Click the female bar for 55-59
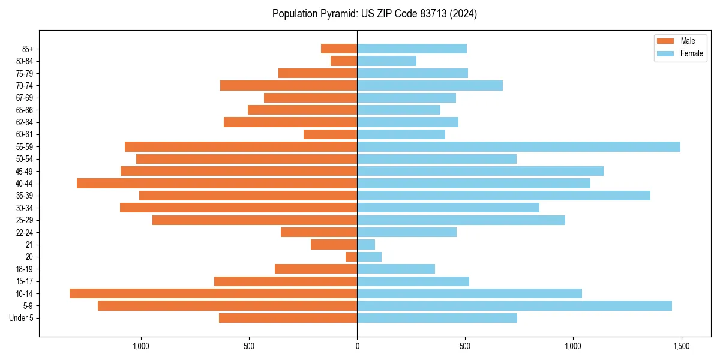[518, 146]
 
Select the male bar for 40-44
[217, 183]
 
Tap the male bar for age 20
[352, 257]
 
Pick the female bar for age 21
[366, 244]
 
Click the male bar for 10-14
[213, 293]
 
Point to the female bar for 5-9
[514, 305]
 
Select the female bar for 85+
[412, 49]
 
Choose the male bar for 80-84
[344, 61]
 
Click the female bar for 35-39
[503, 196]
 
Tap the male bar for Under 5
[288, 318]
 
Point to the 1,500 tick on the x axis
[681, 346]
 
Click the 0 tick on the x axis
[357, 346]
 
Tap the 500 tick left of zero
[249, 346]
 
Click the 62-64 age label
[25, 122]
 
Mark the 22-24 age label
[25, 232]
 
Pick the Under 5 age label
[22, 318]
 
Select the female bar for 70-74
[430, 85]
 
